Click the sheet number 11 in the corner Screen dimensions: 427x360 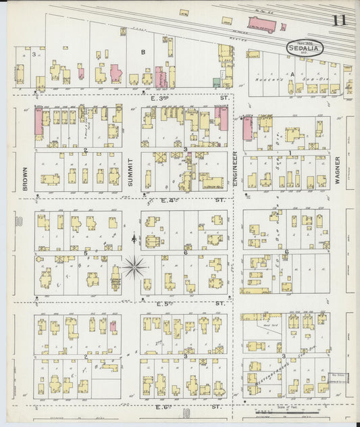pos(338,20)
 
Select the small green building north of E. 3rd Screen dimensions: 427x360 pos(216,82)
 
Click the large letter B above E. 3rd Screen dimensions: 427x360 pos(143,52)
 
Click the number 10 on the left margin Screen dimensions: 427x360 pos(20,221)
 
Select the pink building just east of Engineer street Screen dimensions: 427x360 pos(247,126)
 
